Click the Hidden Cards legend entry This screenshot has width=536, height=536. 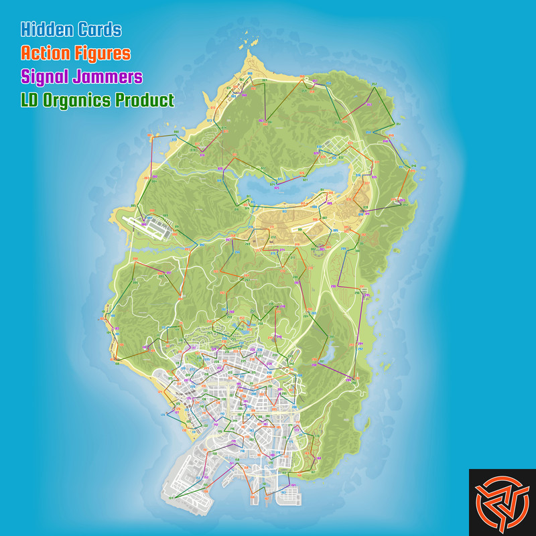[x=71, y=29]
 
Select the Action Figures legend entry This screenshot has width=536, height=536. [x=76, y=52]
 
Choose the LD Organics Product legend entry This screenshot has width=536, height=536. [x=98, y=100]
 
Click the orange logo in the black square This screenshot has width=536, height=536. [x=502, y=502]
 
